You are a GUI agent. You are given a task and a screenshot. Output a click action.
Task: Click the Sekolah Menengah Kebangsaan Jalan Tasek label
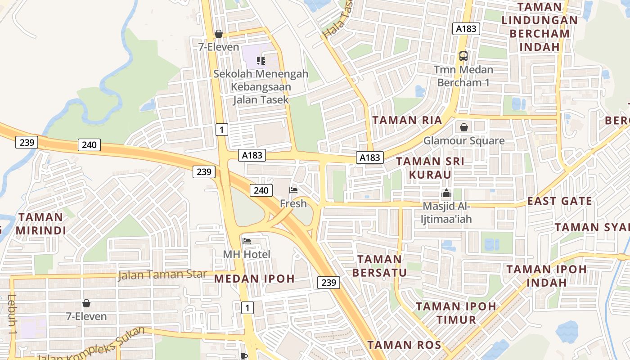(x=261, y=86)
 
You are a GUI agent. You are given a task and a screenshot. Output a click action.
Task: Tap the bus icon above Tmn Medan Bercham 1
(x=463, y=56)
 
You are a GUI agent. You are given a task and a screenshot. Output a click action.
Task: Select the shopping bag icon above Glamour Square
(x=464, y=127)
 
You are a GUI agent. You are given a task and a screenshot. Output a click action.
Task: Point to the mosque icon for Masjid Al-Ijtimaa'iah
(x=446, y=193)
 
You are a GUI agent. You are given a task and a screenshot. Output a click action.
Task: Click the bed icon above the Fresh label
(x=293, y=190)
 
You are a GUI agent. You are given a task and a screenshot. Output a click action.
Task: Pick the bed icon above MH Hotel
(x=247, y=241)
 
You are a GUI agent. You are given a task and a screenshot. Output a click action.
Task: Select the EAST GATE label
(x=560, y=201)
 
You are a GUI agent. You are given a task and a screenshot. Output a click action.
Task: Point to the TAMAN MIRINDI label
(x=41, y=224)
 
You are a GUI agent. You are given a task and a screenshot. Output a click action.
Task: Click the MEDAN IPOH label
(x=254, y=279)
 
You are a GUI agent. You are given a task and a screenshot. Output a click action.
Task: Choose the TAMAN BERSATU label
(x=379, y=265)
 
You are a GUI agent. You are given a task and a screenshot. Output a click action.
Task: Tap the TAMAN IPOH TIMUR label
(x=455, y=313)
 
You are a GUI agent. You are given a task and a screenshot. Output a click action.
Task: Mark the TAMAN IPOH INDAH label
(x=547, y=276)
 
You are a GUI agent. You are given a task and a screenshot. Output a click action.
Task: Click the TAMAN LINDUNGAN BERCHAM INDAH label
(x=540, y=27)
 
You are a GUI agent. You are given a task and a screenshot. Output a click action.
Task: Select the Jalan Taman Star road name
(x=162, y=274)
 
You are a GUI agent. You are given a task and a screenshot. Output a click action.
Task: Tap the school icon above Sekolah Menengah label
(x=261, y=60)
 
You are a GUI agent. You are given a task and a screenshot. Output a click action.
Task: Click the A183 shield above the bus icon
(x=466, y=29)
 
